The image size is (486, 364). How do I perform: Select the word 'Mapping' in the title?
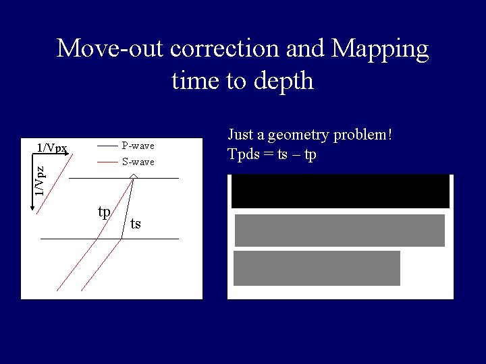[x=381, y=49]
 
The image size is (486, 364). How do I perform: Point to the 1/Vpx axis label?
[x=52, y=148]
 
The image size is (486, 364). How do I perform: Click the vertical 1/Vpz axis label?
[x=41, y=181]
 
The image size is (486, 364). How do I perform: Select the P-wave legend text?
[x=138, y=146]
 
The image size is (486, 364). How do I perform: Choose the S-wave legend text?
[x=138, y=162]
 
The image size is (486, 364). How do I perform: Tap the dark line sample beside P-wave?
[x=107, y=146]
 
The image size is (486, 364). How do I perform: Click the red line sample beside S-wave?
[x=107, y=162]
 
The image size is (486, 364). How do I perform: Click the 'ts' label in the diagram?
[x=136, y=224]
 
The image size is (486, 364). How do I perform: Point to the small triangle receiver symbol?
[x=134, y=176]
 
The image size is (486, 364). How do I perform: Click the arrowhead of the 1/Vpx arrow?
[x=68, y=154]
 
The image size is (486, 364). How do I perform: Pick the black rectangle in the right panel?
[x=340, y=191]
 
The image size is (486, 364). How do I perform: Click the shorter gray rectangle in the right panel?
[x=317, y=268]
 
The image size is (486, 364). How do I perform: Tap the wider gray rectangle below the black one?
[x=340, y=230]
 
